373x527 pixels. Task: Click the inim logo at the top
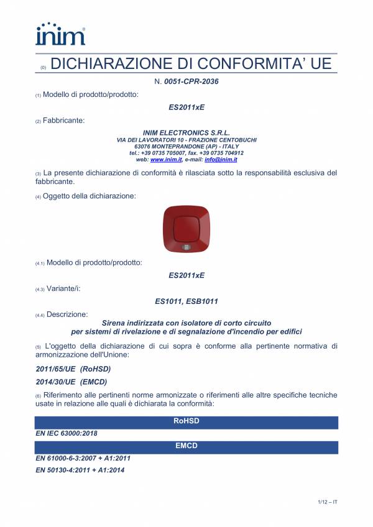coord(60,34)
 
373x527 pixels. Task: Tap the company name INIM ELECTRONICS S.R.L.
coord(186,133)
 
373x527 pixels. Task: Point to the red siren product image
coord(186,231)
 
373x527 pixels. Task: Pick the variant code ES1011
coord(168,301)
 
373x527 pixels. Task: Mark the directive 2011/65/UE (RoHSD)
coord(65,369)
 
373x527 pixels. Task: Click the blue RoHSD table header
coord(186,422)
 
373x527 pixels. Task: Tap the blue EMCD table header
coord(186,447)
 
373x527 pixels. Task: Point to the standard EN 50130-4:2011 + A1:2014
coord(80,470)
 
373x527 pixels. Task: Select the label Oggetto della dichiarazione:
coord(89,196)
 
